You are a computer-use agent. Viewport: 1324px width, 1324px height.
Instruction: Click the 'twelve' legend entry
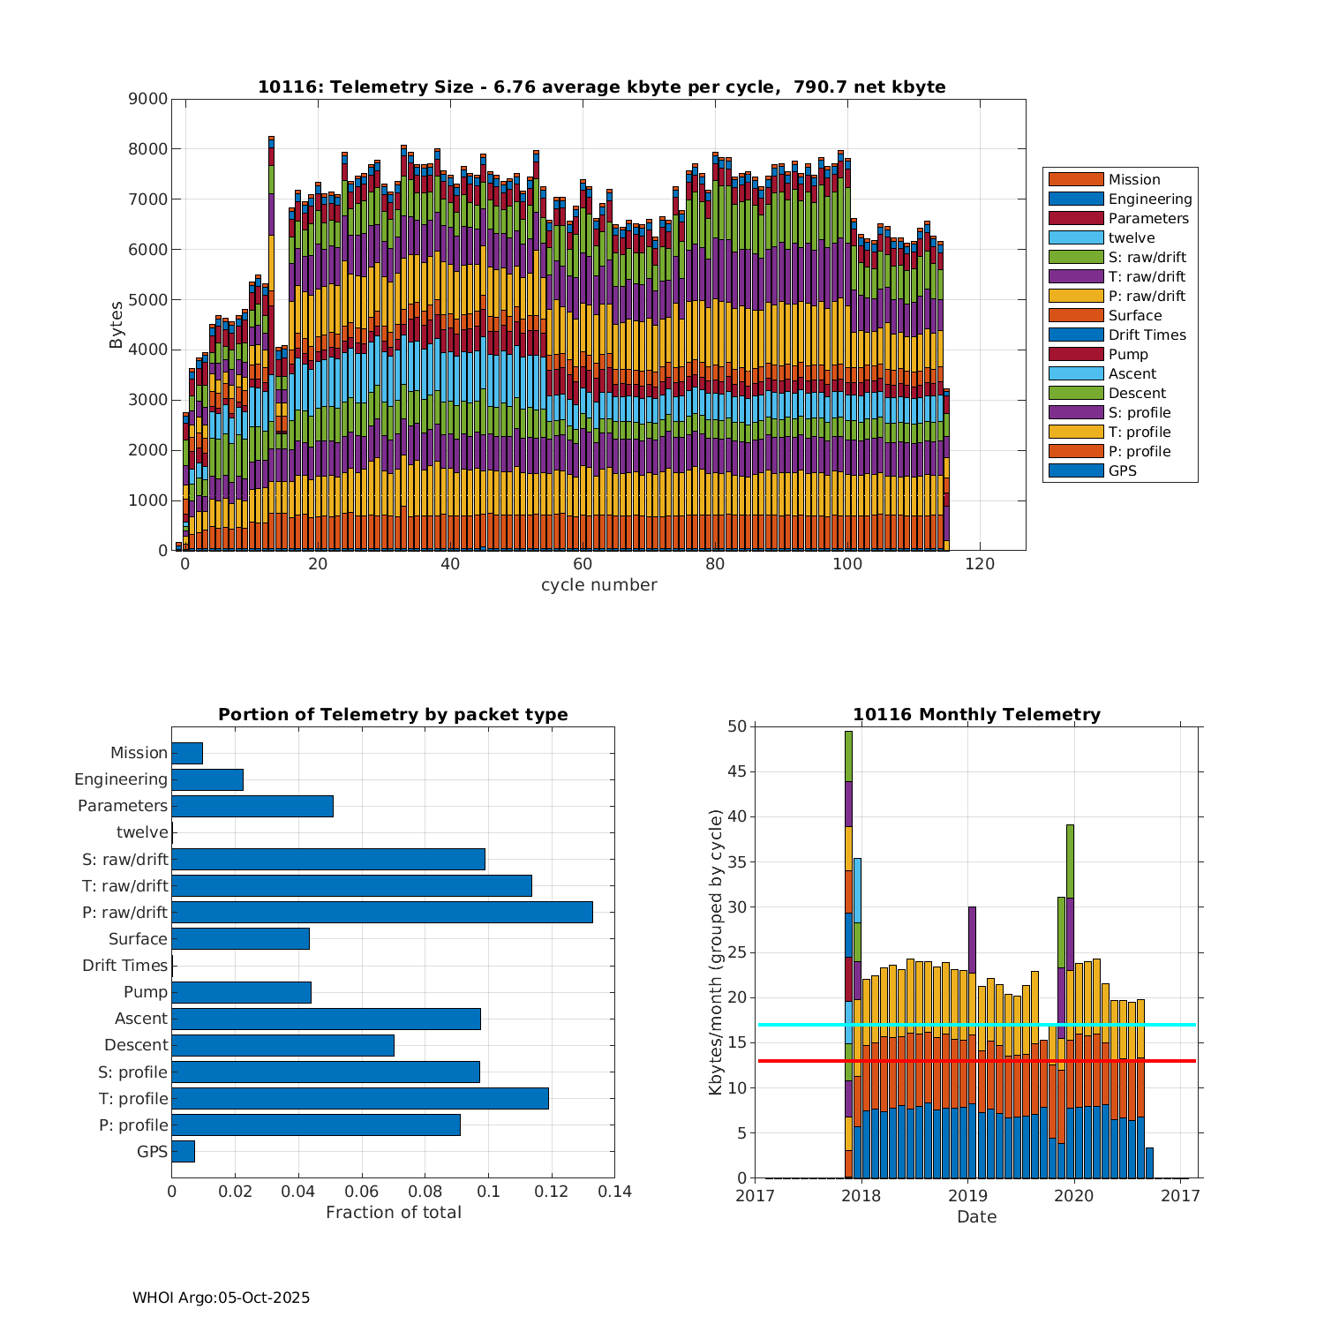(x=1131, y=237)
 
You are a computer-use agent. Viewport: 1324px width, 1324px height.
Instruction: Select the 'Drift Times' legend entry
(x=1147, y=335)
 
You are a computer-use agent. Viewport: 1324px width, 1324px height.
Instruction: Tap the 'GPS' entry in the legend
(x=1122, y=470)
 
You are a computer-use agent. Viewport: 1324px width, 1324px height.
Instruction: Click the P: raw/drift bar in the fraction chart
(x=381, y=912)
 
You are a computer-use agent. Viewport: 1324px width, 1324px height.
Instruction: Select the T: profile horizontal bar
(x=359, y=1098)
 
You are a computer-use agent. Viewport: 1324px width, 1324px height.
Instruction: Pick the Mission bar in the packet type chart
(x=187, y=753)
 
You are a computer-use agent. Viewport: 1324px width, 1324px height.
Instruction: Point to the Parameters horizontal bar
(x=252, y=806)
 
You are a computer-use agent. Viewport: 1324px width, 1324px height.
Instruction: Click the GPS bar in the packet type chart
(x=183, y=1151)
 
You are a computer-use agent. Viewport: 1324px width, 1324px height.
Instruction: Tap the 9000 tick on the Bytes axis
(x=148, y=99)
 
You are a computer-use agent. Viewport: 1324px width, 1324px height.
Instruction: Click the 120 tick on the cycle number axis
(x=980, y=564)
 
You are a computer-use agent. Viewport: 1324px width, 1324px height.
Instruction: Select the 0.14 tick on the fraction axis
(x=614, y=1192)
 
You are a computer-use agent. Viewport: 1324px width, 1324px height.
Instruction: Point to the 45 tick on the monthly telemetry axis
(x=736, y=771)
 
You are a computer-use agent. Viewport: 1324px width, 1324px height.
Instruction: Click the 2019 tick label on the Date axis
(x=967, y=1196)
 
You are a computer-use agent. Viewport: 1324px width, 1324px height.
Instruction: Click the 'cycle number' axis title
(x=598, y=584)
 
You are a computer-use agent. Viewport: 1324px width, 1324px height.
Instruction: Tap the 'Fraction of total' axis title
(x=393, y=1212)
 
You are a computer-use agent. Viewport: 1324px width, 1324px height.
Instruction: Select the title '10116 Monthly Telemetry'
(x=976, y=714)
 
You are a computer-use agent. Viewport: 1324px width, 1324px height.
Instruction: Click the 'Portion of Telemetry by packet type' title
(x=393, y=714)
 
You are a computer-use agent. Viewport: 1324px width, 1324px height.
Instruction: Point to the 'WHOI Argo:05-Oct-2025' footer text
(x=221, y=1298)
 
